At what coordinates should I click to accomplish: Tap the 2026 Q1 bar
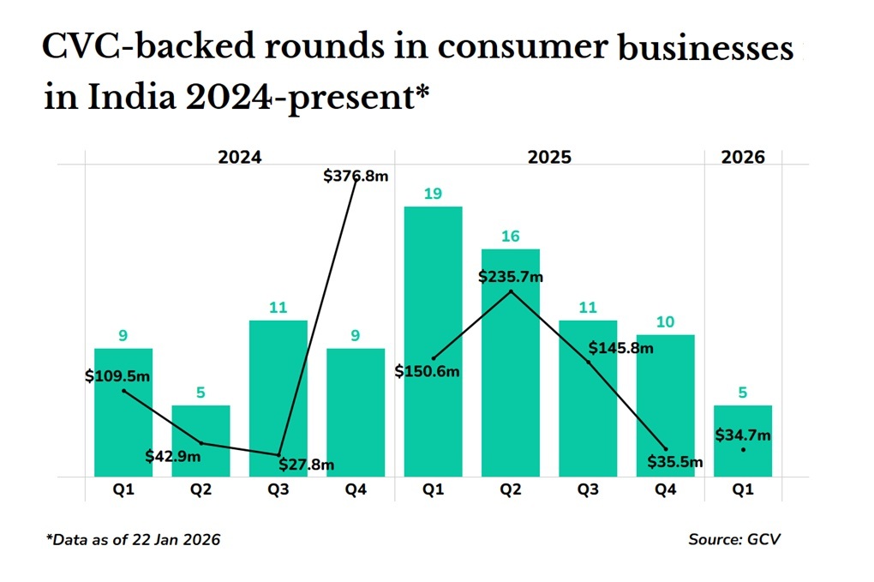click(743, 441)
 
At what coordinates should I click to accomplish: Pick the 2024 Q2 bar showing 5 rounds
click(201, 441)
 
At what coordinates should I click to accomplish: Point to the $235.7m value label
click(511, 277)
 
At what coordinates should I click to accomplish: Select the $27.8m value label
click(307, 465)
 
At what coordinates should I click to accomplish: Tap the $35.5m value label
click(675, 463)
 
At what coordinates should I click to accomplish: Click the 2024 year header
click(239, 158)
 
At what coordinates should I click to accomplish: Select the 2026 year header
click(743, 158)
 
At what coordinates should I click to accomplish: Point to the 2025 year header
click(549, 158)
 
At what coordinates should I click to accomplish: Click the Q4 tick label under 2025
click(665, 491)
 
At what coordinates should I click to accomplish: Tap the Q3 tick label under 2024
click(278, 491)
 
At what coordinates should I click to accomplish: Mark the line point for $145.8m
click(589, 363)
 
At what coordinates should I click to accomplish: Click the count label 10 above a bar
click(665, 322)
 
